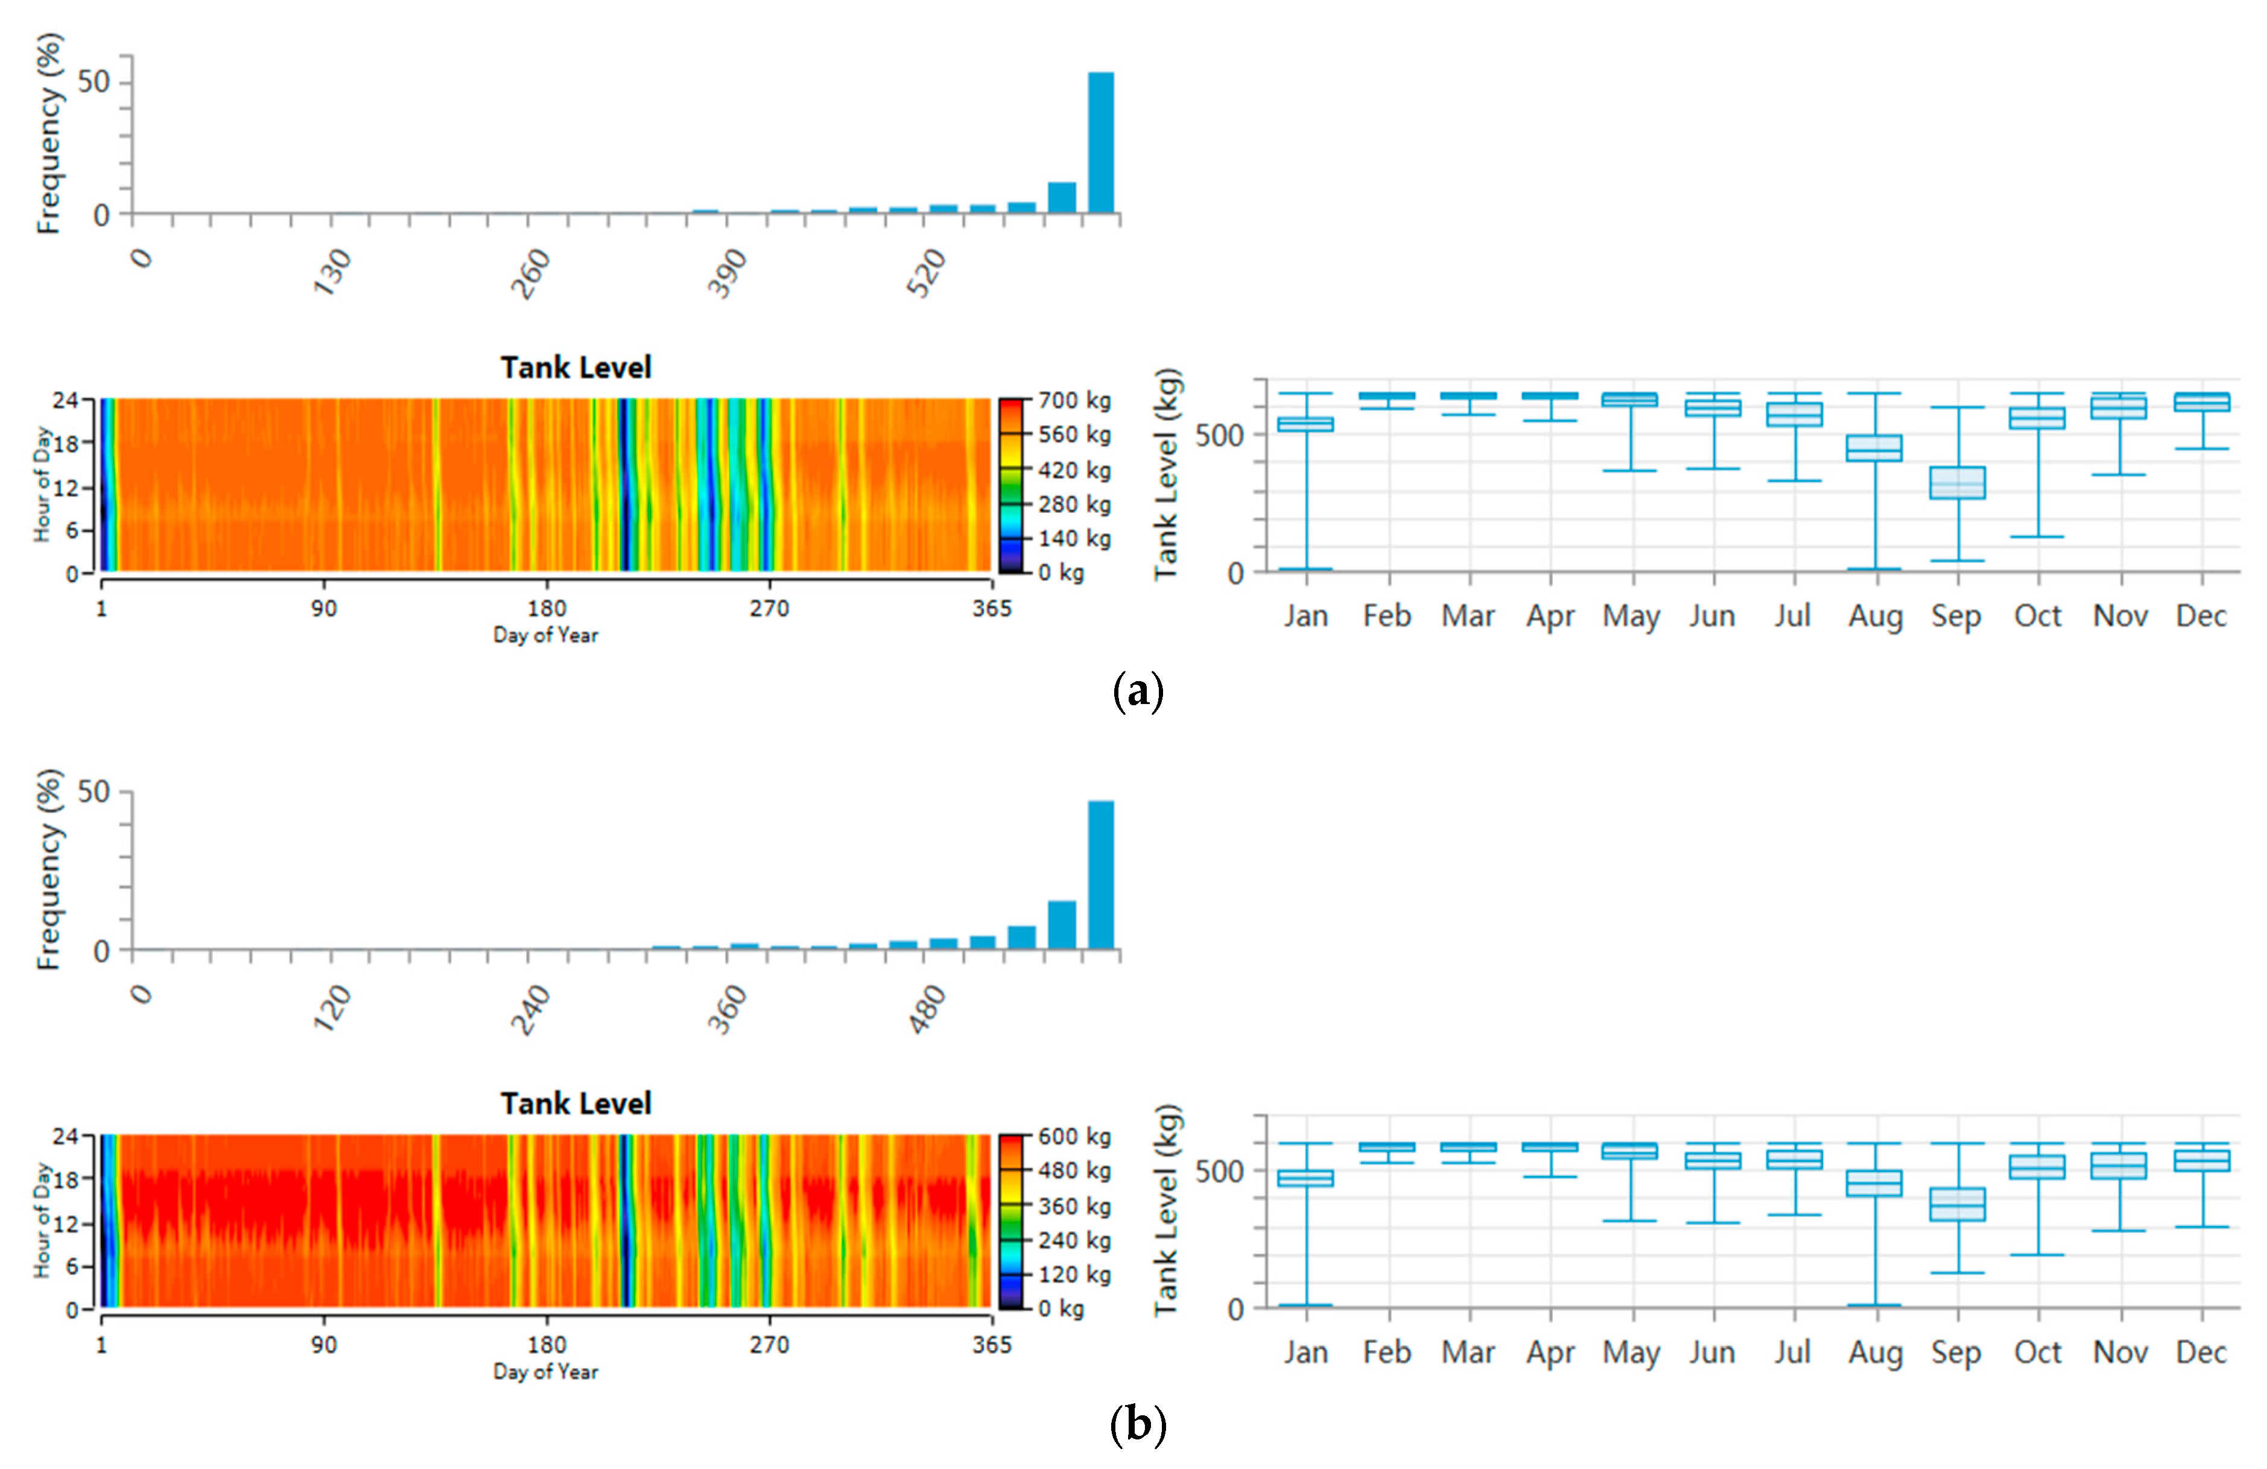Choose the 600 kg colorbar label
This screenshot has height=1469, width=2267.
[x=1074, y=1137]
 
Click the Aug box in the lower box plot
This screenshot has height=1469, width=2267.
[x=1875, y=1183]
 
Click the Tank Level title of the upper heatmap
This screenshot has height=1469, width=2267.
[x=575, y=368]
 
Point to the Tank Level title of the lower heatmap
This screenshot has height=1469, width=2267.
[x=575, y=1103]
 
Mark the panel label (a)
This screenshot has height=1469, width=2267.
[x=1137, y=691]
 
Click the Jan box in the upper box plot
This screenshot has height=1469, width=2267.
[x=1305, y=424]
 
